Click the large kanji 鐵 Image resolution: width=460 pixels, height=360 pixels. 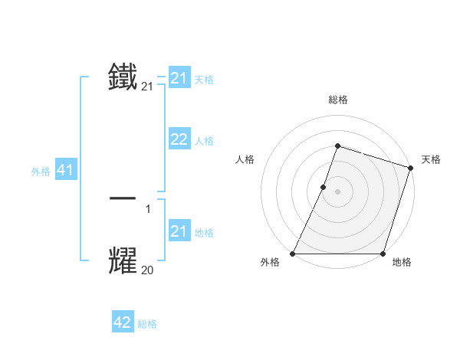pos(123,78)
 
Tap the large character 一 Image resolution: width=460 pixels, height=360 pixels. pos(123,198)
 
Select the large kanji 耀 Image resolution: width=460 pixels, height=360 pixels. pos(123,260)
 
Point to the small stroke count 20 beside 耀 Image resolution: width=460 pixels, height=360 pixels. pos(147,270)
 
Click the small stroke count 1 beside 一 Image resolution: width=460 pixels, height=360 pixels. pos(147,209)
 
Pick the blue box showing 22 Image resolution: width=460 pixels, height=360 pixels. pos(179,139)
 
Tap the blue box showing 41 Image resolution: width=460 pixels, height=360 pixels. pos(65,171)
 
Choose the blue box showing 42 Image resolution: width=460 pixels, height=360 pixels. pos(123,322)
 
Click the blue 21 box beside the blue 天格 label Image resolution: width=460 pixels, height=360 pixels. pos(179,78)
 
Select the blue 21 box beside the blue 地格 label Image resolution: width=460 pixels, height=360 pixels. pos(179,231)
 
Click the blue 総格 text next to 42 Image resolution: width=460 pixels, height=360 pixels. pos(147,324)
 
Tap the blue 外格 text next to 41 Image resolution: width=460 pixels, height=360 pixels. pos(41,172)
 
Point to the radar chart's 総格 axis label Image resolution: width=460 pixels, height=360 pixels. pos(337,100)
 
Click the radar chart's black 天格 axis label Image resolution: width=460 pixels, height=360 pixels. pos(431,159)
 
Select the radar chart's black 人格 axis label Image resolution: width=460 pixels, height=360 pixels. pos(245,159)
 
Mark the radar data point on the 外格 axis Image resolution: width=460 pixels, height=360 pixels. pos(293,254)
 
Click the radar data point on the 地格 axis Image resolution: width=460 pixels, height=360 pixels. pos(383,254)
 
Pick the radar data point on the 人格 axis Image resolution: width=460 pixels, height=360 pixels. pos(324,187)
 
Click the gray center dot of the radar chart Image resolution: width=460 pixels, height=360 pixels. pos(337,191)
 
